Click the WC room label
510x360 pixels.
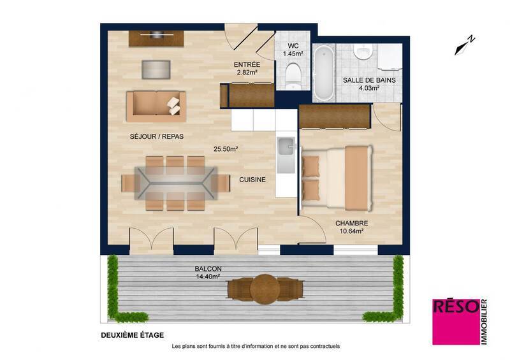294,46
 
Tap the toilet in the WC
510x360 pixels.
294,75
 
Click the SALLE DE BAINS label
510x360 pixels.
369,80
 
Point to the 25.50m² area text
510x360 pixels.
226,149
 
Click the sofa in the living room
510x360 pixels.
156,106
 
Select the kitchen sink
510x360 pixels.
286,147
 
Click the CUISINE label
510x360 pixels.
252,180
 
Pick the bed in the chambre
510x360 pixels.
336,178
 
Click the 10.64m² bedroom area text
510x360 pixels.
351,232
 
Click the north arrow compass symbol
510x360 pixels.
465,43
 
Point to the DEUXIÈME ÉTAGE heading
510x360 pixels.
133,335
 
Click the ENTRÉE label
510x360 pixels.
246,65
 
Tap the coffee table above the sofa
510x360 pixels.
156,69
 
